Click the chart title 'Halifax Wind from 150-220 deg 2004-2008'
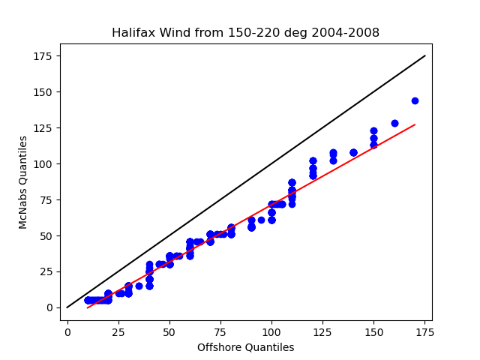tap(245, 32)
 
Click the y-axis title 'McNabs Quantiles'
tap(23, 182)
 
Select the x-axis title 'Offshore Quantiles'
tap(245, 347)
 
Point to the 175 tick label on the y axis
tap(43, 56)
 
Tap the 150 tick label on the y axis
tap(43, 92)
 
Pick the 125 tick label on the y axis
tap(43, 128)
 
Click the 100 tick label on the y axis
tap(43, 164)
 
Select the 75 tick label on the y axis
tap(46, 200)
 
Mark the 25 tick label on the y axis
tap(46, 271)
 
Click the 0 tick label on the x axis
tap(67, 332)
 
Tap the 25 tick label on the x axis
tap(118, 332)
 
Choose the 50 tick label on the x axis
tap(169, 332)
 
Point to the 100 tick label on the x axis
tap(271, 332)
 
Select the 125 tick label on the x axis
tap(322, 332)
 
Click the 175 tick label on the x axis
tap(424, 332)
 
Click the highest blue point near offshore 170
tap(415, 100)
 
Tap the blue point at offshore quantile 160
tap(394, 123)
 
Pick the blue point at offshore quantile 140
tap(353, 152)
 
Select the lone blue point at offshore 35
tap(139, 286)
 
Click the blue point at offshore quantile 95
tap(261, 220)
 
